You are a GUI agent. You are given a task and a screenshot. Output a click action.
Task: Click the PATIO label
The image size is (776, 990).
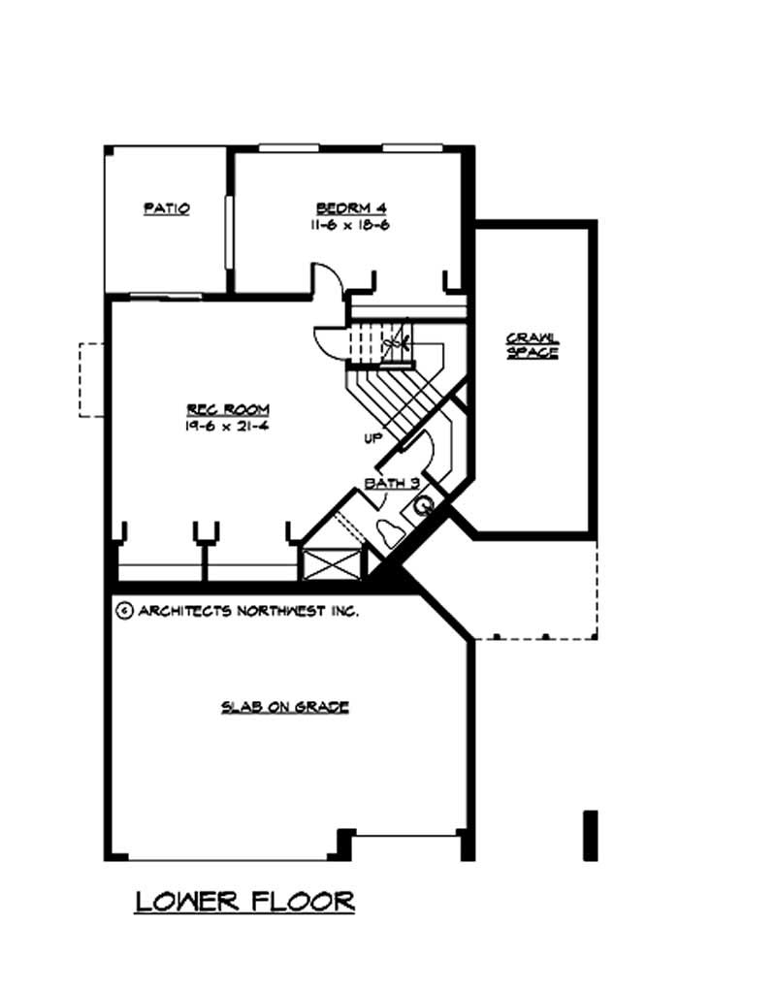point(167,208)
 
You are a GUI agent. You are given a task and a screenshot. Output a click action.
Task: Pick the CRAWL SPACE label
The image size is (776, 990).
point(533,346)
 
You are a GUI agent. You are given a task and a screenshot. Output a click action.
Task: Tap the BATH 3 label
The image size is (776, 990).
point(391,483)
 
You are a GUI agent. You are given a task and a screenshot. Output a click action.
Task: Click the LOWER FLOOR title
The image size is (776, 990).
point(244,902)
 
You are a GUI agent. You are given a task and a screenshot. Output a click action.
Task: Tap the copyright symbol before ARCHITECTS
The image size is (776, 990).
point(123,612)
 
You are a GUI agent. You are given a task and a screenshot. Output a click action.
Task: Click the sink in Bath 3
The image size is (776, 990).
point(424,505)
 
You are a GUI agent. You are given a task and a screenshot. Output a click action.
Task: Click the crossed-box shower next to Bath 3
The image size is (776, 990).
point(331,563)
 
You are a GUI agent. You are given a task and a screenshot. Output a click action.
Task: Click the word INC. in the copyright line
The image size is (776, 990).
point(345,612)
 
